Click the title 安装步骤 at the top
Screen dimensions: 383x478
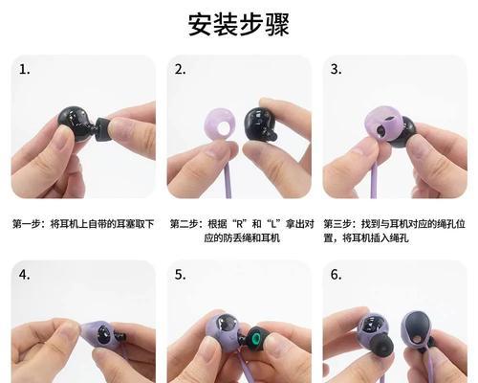pos(238,23)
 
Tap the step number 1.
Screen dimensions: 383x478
pos(25,70)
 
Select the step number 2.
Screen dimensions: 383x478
pos(180,70)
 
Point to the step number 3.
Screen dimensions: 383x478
pos(336,70)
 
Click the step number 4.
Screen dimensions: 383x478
pos(25,275)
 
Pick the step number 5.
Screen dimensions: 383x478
pos(180,275)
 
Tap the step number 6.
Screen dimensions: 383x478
pos(336,275)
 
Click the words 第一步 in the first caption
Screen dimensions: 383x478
pos(27,224)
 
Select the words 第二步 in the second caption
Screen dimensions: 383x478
pos(185,224)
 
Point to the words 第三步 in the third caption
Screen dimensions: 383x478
pos(339,224)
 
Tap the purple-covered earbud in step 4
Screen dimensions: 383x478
pos(76,335)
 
